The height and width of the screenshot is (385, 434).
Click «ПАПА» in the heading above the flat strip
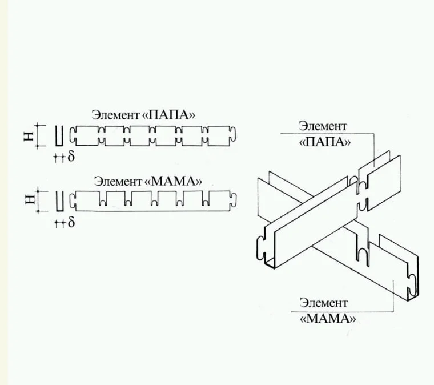pyautogui.click(x=168, y=114)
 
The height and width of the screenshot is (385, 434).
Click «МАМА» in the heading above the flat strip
pyautogui.click(x=174, y=181)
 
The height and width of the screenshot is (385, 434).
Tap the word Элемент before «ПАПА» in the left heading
pyautogui.click(x=116, y=115)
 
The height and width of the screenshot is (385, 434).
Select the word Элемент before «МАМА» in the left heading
pyautogui.click(x=118, y=181)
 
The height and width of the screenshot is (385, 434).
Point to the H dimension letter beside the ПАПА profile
pyautogui.click(x=29, y=136)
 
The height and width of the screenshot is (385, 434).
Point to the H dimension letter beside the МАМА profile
pyautogui.click(x=30, y=199)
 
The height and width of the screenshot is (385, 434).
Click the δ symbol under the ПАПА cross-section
pyautogui.click(x=71, y=156)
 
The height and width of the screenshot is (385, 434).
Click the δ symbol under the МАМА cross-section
pyautogui.click(x=71, y=222)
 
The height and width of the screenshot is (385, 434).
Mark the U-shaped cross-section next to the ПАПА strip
pyautogui.click(x=59, y=136)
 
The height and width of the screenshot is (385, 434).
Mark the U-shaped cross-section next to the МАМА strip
pyautogui.click(x=59, y=201)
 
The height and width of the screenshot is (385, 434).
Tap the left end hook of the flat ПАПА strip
pyautogui.click(x=73, y=136)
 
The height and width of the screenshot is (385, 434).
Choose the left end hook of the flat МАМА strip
pyautogui.click(x=73, y=201)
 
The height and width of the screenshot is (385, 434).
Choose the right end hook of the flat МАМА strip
pyautogui.click(x=233, y=200)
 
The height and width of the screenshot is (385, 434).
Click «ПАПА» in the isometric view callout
pyautogui.click(x=325, y=142)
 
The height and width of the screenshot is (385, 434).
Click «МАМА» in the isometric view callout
pyautogui.click(x=328, y=319)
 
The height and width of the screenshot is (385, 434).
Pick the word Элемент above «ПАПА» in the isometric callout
pyautogui.click(x=323, y=126)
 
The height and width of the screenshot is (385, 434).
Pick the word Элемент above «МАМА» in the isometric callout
pyautogui.click(x=324, y=303)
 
